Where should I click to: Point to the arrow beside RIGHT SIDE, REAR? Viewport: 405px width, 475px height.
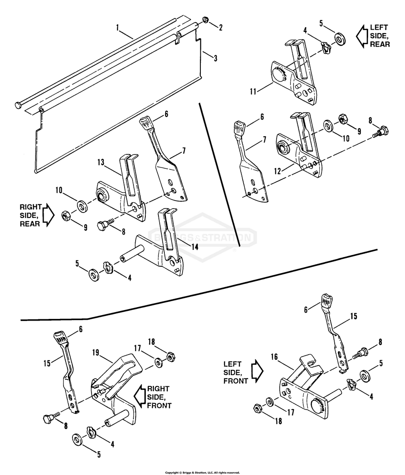coord(49,215)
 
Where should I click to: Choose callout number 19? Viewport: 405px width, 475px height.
coord(95,352)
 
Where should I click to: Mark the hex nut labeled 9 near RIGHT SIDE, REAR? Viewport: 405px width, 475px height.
coord(67,215)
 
